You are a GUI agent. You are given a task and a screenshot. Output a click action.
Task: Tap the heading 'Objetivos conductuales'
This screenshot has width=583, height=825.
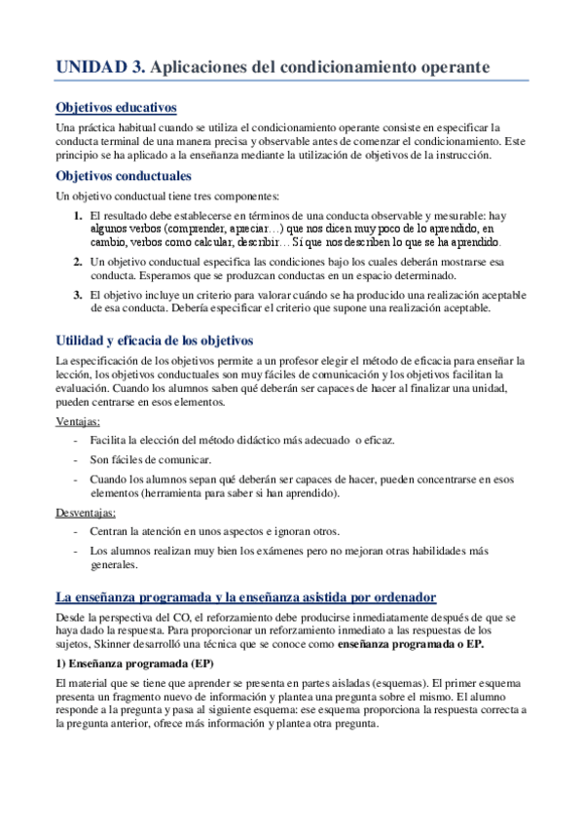coord(123,176)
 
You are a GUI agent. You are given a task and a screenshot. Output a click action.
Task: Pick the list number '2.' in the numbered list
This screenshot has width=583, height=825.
coord(78,262)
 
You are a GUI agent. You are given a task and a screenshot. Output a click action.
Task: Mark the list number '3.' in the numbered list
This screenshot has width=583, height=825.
coord(78,295)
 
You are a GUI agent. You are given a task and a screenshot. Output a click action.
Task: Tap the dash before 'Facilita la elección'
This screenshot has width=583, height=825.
coord(77,440)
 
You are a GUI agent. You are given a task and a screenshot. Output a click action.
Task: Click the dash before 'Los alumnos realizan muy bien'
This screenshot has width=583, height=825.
coord(77,551)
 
